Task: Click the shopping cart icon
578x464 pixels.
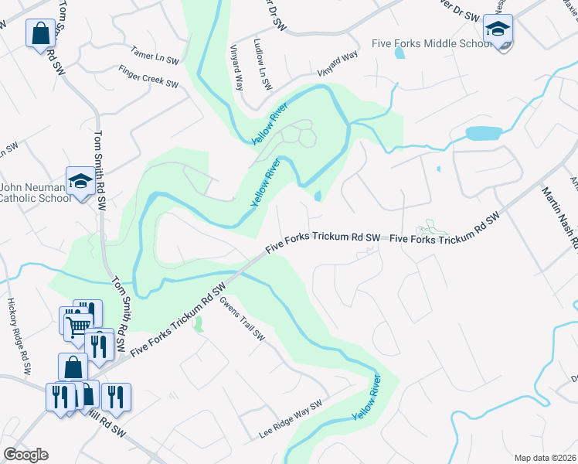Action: [77, 326]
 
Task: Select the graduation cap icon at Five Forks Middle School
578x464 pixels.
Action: [498, 29]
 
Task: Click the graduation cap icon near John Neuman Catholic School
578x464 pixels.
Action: [80, 181]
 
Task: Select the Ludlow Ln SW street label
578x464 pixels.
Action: [260, 64]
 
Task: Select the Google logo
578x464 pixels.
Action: [25, 455]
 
